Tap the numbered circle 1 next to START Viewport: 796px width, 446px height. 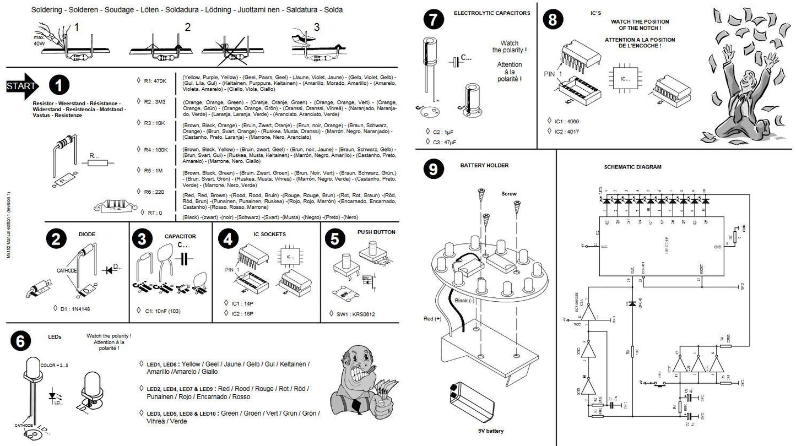pyautogui.click(x=59, y=85)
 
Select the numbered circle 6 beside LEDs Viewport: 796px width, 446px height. pyautogui.click(x=20, y=341)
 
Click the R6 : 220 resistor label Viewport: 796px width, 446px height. pyautogui.click(x=154, y=191)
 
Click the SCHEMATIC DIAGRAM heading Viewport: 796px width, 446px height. pyautogui.click(x=632, y=167)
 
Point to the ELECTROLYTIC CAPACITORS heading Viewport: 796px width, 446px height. pyautogui.click(x=492, y=13)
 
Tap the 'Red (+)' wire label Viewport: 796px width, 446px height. pyautogui.click(x=433, y=319)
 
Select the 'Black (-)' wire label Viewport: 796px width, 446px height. pyautogui.click(x=466, y=301)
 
